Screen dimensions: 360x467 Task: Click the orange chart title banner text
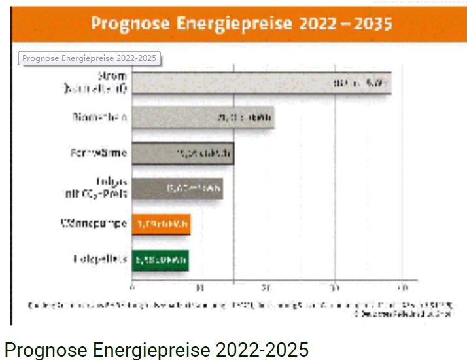click(241, 24)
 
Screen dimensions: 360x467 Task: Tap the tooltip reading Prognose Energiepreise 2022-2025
click(90, 58)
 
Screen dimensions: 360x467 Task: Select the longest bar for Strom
click(262, 83)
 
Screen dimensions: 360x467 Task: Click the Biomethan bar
click(203, 118)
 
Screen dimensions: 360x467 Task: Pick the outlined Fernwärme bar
click(182, 154)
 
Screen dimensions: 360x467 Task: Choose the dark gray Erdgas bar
click(177, 189)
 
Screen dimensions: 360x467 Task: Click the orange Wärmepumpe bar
click(161, 225)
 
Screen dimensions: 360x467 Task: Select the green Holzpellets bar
click(160, 260)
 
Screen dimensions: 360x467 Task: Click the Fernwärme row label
click(98, 154)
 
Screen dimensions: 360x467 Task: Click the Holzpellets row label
click(99, 259)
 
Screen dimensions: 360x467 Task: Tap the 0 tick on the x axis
click(133, 287)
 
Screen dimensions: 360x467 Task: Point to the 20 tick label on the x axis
click(268, 287)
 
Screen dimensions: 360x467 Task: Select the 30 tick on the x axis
click(335, 287)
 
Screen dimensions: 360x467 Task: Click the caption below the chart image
click(156, 349)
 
